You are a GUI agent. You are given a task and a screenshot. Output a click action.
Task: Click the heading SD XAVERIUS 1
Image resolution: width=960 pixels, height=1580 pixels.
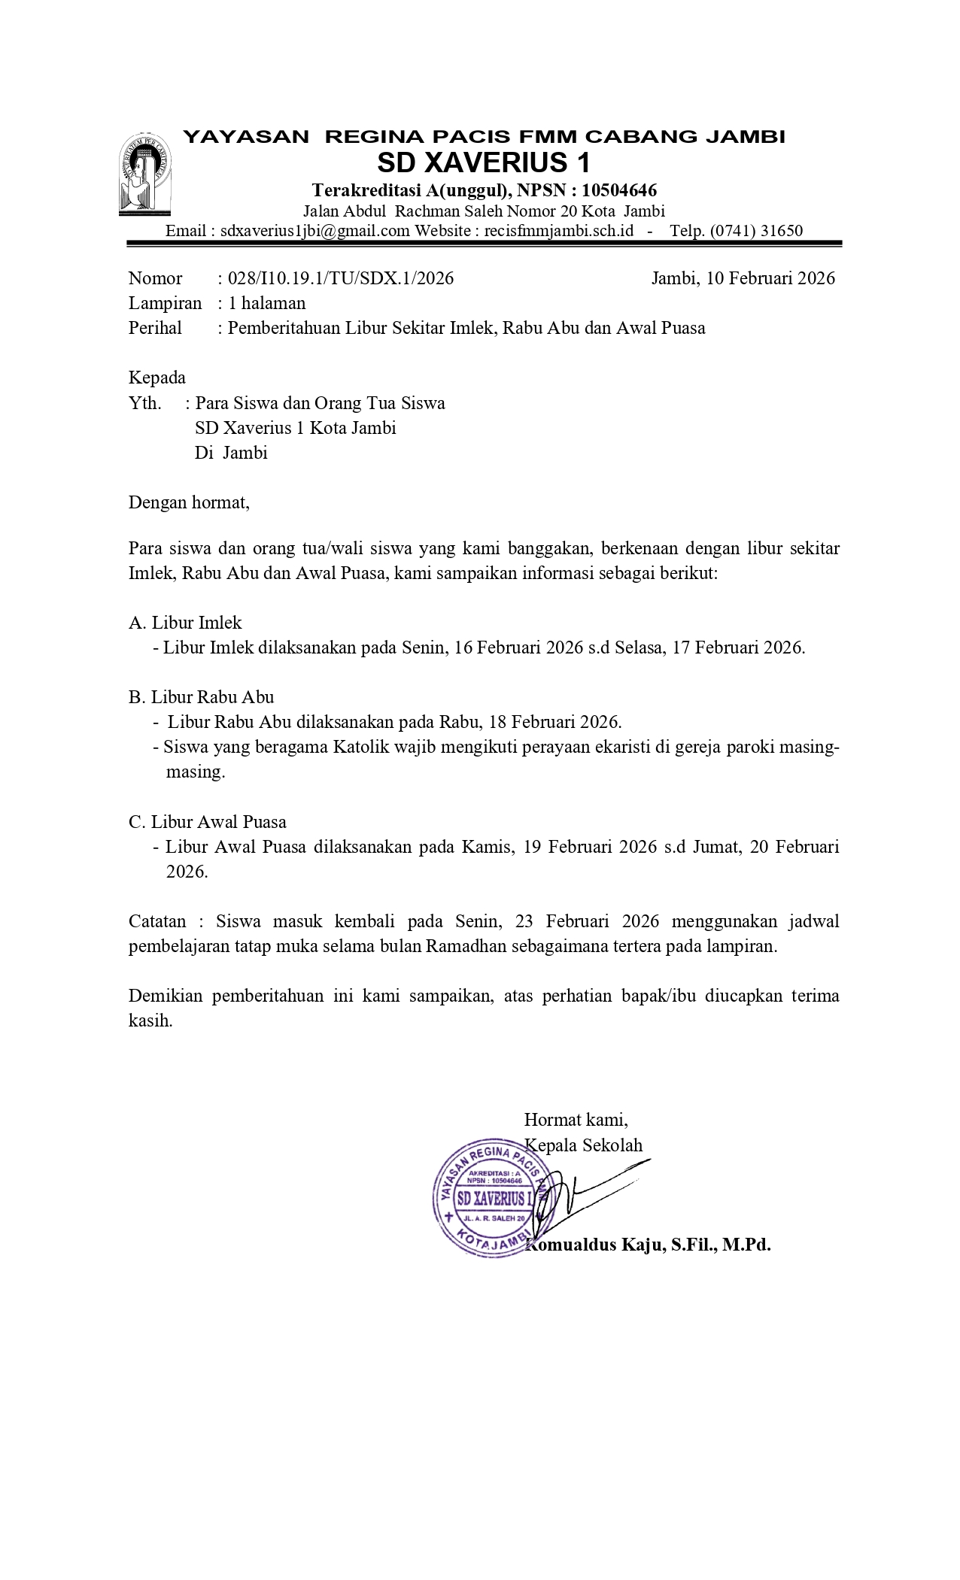point(484,162)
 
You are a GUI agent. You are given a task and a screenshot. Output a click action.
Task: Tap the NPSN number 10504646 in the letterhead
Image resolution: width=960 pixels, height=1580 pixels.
point(619,190)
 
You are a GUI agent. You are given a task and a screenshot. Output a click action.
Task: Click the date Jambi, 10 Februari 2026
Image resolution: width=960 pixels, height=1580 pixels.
point(743,278)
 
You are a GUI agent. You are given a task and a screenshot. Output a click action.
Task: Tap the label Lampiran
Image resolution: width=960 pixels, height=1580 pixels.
point(165,303)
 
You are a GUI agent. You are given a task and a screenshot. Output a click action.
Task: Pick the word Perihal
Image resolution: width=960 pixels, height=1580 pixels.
point(155,328)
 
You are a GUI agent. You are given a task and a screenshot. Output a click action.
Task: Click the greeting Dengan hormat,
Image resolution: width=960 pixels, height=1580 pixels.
point(189,502)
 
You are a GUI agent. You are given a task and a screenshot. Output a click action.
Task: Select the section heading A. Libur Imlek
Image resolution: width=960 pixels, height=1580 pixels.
point(185,623)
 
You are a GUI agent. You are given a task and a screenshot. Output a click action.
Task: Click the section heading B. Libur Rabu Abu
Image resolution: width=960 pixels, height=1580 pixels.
point(201,697)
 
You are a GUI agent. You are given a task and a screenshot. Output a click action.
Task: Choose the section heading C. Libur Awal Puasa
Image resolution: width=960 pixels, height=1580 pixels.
point(208,822)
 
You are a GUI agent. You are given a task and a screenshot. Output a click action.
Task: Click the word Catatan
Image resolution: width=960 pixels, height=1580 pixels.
point(157,921)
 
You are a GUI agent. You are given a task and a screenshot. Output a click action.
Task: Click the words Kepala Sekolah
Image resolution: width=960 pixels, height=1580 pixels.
point(584,1145)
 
